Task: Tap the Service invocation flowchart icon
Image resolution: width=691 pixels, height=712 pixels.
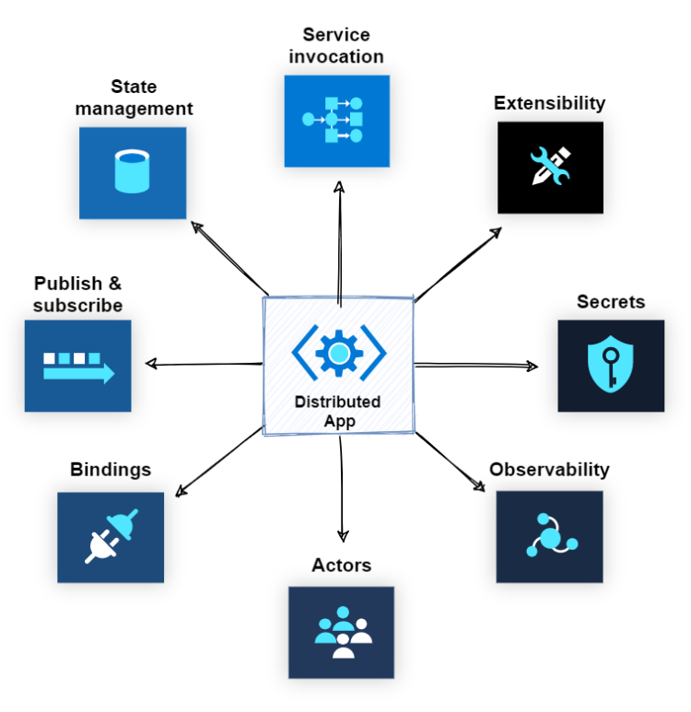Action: point(336,120)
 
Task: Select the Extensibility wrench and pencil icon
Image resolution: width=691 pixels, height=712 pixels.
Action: point(550,167)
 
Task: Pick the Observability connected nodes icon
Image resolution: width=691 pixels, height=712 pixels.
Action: point(549,536)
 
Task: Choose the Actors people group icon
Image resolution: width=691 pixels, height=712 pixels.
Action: point(341,633)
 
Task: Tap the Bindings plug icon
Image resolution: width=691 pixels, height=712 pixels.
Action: point(111,537)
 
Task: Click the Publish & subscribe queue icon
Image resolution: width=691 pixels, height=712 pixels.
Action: point(78,366)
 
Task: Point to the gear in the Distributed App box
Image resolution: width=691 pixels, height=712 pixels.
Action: point(338,351)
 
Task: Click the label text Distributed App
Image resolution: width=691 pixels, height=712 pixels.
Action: point(337,412)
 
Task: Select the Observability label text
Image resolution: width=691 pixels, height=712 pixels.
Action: point(549,470)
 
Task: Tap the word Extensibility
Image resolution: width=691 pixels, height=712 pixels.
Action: point(549,102)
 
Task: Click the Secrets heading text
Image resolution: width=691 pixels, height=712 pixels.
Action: point(610,301)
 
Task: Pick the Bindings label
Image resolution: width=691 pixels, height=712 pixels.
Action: point(111,470)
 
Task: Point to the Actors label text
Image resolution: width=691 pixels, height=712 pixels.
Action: point(341,565)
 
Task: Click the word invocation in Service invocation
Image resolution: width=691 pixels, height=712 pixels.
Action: point(336,56)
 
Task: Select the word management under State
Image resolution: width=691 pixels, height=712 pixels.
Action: point(135,109)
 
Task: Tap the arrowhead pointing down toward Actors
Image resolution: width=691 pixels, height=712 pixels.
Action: point(343,536)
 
